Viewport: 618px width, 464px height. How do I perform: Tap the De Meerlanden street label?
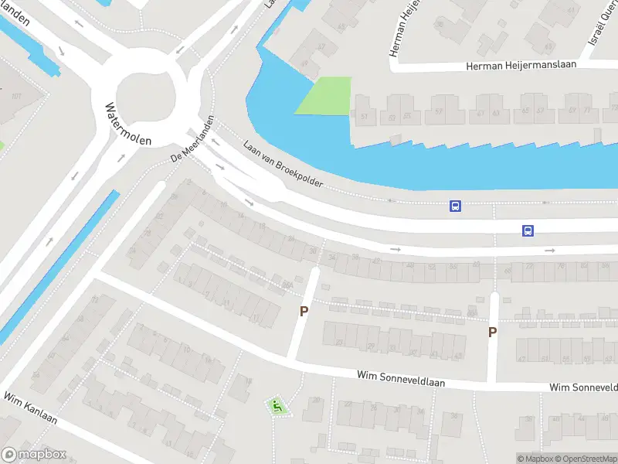pos(192,145)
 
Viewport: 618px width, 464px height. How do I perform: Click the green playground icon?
pos(277,404)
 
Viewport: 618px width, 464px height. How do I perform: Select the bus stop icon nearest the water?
pos(456,206)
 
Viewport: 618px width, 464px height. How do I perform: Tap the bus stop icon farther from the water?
pos(528,230)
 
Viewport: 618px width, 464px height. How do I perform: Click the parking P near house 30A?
pos(304,311)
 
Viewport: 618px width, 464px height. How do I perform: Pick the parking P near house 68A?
pos(492,332)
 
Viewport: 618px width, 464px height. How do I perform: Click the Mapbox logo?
pos(33,455)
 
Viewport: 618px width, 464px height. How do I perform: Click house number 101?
pos(16,96)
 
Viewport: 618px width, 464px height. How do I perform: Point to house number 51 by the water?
pos(363,118)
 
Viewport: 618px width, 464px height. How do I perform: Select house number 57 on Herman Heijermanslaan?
pos(439,111)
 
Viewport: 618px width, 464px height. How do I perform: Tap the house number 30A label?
pos(287,285)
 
